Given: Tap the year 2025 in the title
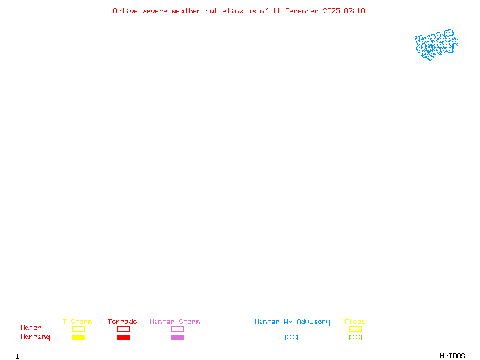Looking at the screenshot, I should (x=332, y=11).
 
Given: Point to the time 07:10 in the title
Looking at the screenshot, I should (x=355, y=11).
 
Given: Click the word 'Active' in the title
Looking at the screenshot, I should (x=125, y=11).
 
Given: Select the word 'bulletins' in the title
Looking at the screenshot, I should (x=224, y=11).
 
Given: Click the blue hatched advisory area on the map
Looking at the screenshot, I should (x=436, y=44).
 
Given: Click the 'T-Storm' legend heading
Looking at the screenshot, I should (x=77, y=322).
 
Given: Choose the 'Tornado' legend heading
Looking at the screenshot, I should (x=122, y=322).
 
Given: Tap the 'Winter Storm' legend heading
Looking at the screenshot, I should (x=175, y=322).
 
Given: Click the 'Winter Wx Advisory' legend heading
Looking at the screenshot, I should (x=292, y=322).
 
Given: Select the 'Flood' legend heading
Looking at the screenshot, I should (x=355, y=322).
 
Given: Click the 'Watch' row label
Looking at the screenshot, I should (x=31, y=328).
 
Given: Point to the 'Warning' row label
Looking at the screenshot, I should (x=35, y=337).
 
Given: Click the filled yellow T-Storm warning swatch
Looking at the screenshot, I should (x=78, y=338).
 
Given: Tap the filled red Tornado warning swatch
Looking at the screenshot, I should (x=123, y=338).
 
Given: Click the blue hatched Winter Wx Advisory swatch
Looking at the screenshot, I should (x=291, y=338).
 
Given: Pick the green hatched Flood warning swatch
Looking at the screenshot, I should (x=355, y=338).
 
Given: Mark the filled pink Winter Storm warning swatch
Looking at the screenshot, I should (x=177, y=338).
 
